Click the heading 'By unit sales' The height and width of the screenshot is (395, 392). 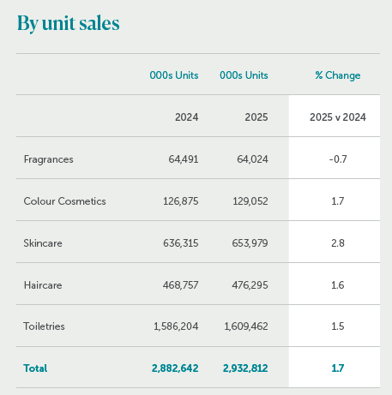[x=69, y=23]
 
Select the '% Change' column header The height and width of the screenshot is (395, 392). [x=338, y=75]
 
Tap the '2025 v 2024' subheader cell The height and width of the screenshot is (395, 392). [x=338, y=117]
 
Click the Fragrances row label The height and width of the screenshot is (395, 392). [x=49, y=159]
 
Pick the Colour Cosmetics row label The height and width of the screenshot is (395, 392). [x=64, y=201]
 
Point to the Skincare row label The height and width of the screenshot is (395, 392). [x=43, y=243]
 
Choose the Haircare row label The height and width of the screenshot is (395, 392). [x=43, y=285]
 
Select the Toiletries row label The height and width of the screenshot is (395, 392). [x=44, y=326]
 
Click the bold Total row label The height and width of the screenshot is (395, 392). [x=35, y=368]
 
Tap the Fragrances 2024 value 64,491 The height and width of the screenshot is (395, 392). [x=184, y=159]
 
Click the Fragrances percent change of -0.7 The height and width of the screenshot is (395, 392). [x=338, y=159]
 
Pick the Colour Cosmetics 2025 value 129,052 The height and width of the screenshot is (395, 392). [x=250, y=201]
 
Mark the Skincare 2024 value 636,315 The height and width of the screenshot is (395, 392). [x=181, y=243]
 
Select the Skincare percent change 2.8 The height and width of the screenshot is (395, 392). [x=338, y=243]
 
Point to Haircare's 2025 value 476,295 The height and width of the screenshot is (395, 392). [x=250, y=285]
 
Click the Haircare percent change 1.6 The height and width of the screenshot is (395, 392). [x=338, y=285]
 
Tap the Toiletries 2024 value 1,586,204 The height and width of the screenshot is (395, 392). [x=176, y=326]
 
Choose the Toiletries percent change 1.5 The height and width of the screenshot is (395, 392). [x=338, y=326]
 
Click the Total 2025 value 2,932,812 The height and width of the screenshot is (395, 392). [x=245, y=368]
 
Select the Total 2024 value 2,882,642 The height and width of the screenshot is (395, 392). [x=175, y=368]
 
